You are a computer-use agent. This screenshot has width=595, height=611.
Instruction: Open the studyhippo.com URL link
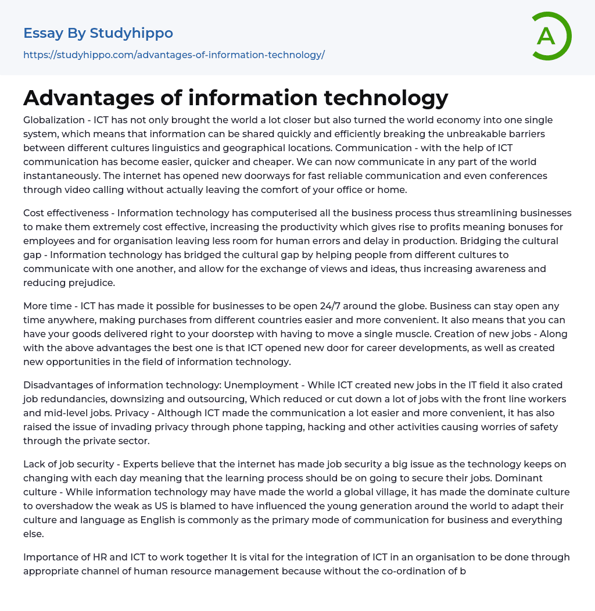click(174, 55)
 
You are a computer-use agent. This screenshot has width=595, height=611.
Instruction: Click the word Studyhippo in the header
click(131, 34)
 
